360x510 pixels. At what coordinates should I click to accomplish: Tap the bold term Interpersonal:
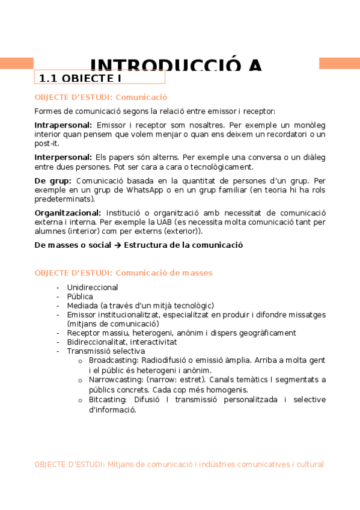63,158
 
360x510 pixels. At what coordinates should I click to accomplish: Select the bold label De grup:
53,180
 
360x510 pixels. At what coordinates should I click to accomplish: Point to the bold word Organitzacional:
67,213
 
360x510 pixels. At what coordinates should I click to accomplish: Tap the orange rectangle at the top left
16,63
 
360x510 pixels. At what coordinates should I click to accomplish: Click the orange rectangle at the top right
339,63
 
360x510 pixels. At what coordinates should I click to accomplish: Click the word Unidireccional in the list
93,287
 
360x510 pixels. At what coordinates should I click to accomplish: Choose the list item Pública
80,296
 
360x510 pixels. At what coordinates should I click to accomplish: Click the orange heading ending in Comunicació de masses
123,273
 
